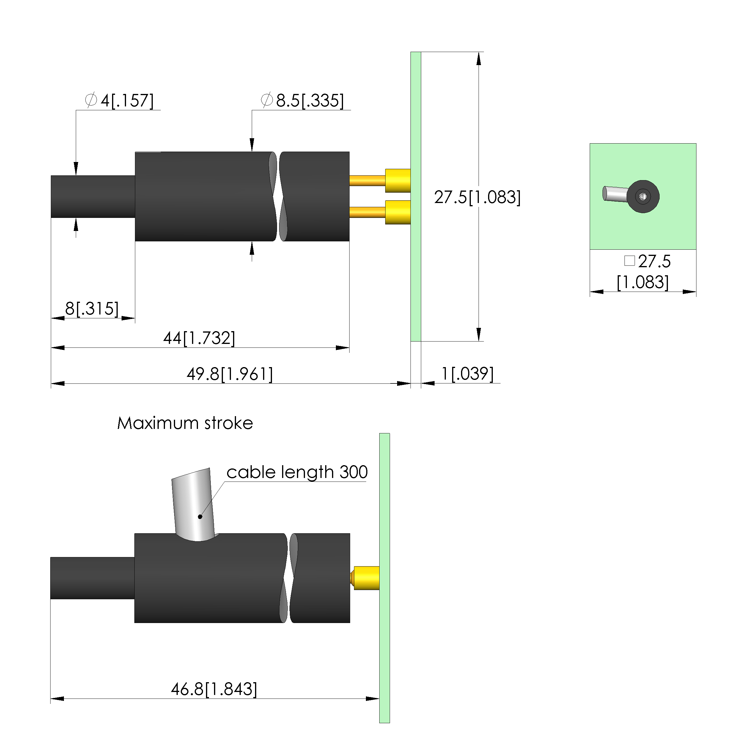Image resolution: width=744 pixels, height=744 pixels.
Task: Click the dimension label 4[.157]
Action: tap(127, 101)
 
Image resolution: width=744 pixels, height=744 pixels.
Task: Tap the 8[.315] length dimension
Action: tap(92, 309)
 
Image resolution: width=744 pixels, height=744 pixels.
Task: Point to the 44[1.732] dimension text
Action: tap(199, 338)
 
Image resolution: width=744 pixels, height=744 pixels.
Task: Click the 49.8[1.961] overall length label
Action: tap(230, 374)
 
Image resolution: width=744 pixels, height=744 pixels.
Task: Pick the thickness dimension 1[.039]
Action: tap(467, 374)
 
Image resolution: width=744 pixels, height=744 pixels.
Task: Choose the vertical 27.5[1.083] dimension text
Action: tap(477, 197)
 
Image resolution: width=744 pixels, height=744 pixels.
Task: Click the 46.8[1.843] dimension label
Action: tap(214, 689)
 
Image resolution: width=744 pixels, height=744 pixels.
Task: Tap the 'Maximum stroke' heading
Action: tap(185, 423)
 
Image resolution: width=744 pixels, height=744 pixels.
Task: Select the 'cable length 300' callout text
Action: tap(297, 472)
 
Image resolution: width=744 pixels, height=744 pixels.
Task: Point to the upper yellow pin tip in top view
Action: tap(398, 181)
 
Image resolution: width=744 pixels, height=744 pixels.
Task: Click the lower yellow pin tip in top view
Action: tap(398, 212)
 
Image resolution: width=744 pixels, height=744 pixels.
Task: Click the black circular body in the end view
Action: tap(643, 196)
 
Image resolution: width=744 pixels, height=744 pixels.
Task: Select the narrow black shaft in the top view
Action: tap(93, 197)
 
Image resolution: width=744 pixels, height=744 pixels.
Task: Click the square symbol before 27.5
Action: tap(630, 261)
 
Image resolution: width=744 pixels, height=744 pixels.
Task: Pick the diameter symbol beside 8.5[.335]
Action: tap(267, 100)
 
